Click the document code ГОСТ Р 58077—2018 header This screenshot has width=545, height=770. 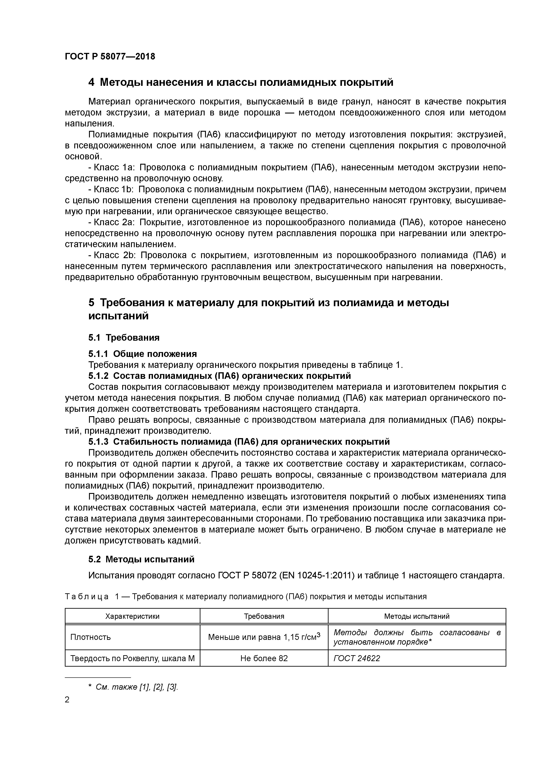(x=110, y=56)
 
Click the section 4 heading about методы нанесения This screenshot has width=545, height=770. (x=240, y=82)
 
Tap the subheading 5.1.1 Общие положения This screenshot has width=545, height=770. (x=142, y=354)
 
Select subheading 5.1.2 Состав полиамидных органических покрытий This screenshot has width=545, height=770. (x=220, y=376)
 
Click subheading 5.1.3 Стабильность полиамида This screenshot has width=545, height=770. (x=239, y=442)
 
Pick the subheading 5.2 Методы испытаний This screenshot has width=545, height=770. (x=141, y=559)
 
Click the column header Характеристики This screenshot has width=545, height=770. (x=132, y=616)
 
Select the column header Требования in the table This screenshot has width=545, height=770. (x=264, y=616)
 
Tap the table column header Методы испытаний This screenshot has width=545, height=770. (x=416, y=616)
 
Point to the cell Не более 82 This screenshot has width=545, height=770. (x=264, y=658)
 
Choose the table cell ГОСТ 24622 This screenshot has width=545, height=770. (x=357, y=658)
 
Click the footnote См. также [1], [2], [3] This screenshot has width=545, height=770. (x=136, y=687)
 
